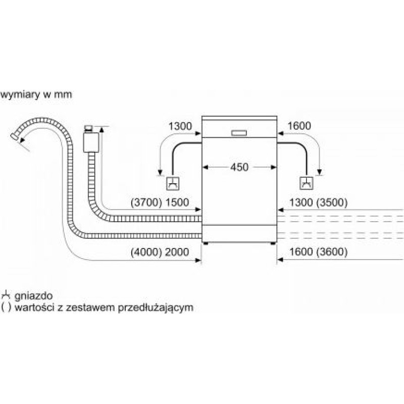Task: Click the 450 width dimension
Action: point(239,167)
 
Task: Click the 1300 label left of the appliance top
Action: point(180,126)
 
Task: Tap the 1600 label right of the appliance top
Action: point(299,126)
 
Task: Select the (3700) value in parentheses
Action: point(145,203)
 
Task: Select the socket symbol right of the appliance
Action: point(307,183)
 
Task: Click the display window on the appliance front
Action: point(239,133)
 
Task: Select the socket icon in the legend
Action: point(6,295)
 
